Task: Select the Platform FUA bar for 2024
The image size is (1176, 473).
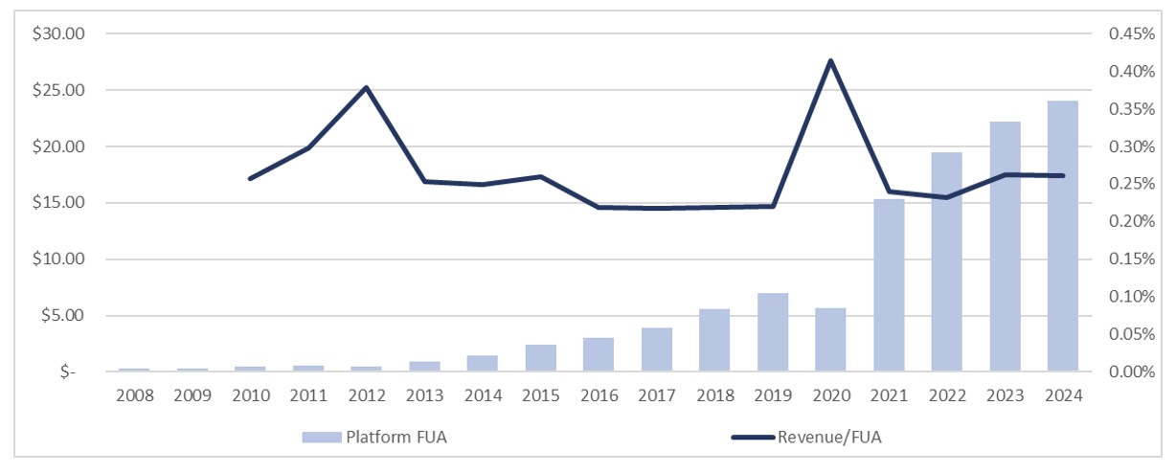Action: pos(1062,236)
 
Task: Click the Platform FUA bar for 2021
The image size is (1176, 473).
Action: pos(888,284)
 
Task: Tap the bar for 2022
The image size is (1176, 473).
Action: pos(946,261)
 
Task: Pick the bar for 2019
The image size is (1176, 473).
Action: pos(773,331)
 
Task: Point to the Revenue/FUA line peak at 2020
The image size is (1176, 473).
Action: pos(830,61)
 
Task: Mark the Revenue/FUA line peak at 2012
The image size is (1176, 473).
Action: pos(366,88)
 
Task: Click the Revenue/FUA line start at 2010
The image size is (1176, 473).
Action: pos(250,178)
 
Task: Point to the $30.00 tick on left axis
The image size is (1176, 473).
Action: pos(59,34)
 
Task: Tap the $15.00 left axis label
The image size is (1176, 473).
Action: pos(59,203)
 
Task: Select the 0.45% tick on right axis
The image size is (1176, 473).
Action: pos(1127,34)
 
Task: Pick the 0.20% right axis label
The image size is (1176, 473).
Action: pos(1127,222)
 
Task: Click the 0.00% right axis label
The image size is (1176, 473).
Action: pos(1127,372)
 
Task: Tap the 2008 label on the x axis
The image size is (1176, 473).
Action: pos(134,395)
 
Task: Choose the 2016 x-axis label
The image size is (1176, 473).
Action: pos(598,395)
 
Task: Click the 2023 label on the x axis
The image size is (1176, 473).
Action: pos(1005,395)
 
